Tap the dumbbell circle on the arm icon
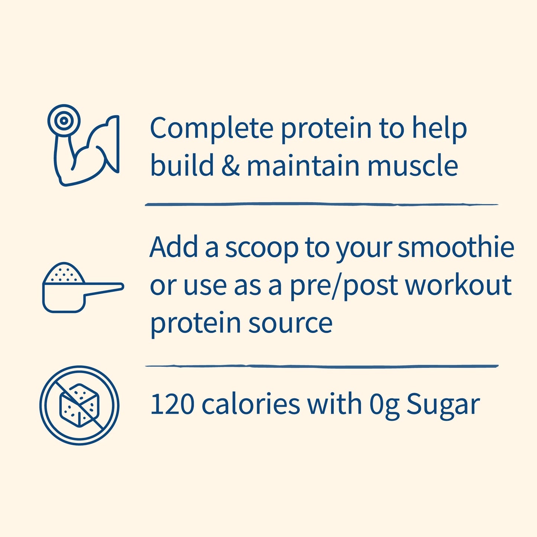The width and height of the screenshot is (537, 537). pyautogui.click(x=64, y=120)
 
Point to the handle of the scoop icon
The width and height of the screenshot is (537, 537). pyautogui.click(x=104, y=288)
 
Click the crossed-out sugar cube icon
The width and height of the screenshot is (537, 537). pyautogui.click(x=79, y=405)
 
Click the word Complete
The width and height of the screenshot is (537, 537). pyautogui.click(x=211, y=128)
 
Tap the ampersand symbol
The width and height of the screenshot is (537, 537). pyautogui.click(x=230, y=166)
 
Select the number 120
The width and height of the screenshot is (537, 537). pyautogui.click(x=172, y=404)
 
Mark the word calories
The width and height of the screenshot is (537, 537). pyautogui.click(x=250, y=404)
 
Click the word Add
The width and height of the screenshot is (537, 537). pyautogui.click(x=174, y=248)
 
